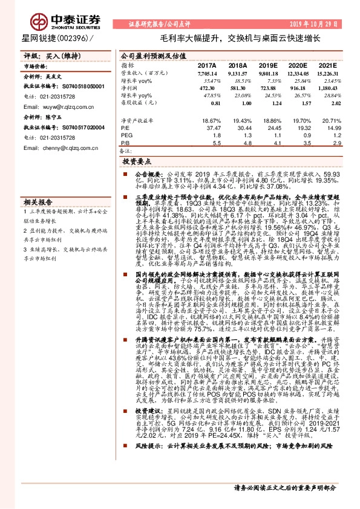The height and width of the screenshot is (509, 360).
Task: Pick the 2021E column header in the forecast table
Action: coord(327,65)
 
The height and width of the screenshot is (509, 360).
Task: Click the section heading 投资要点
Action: coord(136,163)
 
